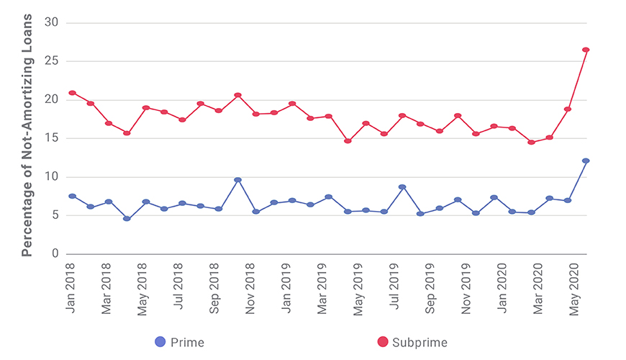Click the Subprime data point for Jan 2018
pos(72,93)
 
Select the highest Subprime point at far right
pos(586,50)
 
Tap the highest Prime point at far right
pos(586,161)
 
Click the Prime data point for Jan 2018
pos(72,196)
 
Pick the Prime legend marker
pos(161,342)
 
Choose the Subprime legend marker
pos(382,342)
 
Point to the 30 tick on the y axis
pos(51,22)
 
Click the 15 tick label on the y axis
pos(51,138)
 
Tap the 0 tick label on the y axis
pos(55,254)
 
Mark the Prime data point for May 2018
pos(145,202)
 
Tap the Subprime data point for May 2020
pos(568,109)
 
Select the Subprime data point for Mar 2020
pos(531,142)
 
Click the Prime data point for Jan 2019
pos(292,200)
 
